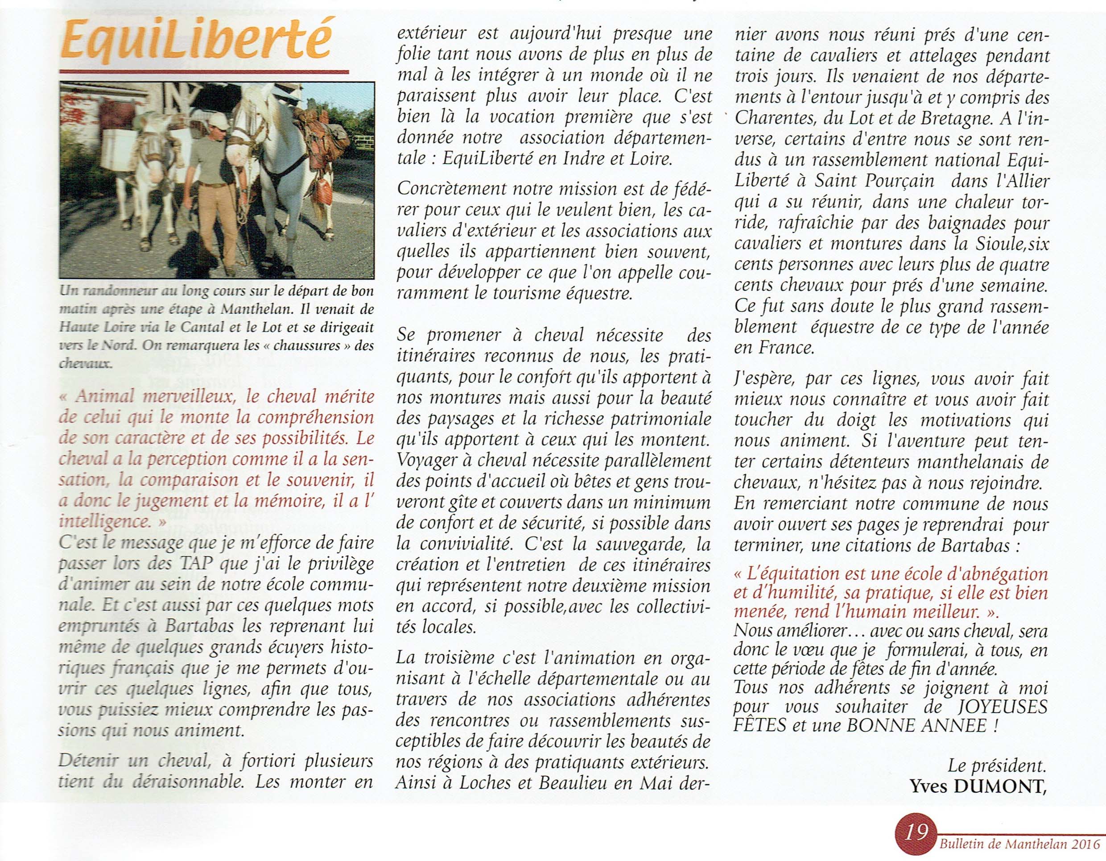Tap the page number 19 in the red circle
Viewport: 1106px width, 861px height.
point(917,832)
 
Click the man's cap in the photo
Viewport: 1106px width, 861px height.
point(218,121)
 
